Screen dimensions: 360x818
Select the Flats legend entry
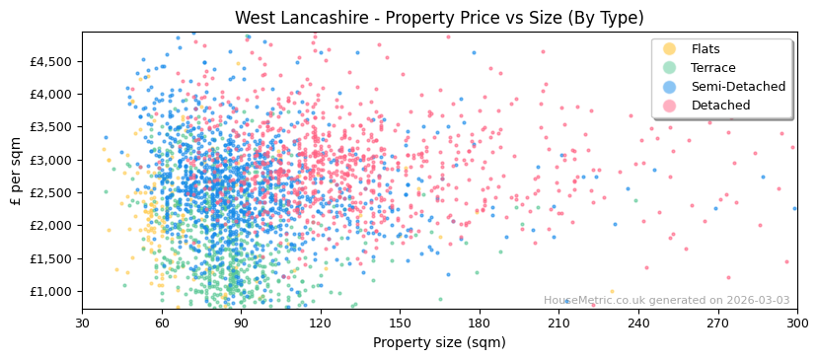click(706, 49)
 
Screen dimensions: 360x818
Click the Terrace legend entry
click(712, 68)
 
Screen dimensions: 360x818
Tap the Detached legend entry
click(720, 106)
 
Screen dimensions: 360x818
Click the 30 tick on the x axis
click(82, 323)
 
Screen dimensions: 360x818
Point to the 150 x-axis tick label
click(400, 323)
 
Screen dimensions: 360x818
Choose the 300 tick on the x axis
click(796, 323)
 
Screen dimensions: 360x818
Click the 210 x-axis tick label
click(558, 323)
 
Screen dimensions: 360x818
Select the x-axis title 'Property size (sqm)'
click(439, 342)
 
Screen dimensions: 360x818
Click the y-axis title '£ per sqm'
click(16, 171)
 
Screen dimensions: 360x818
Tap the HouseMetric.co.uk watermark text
click(666, 301)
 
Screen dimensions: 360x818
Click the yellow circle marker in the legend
click(669, 49)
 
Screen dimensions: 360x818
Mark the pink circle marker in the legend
click(669, 106)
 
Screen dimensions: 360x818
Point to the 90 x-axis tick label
click(241, 323)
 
